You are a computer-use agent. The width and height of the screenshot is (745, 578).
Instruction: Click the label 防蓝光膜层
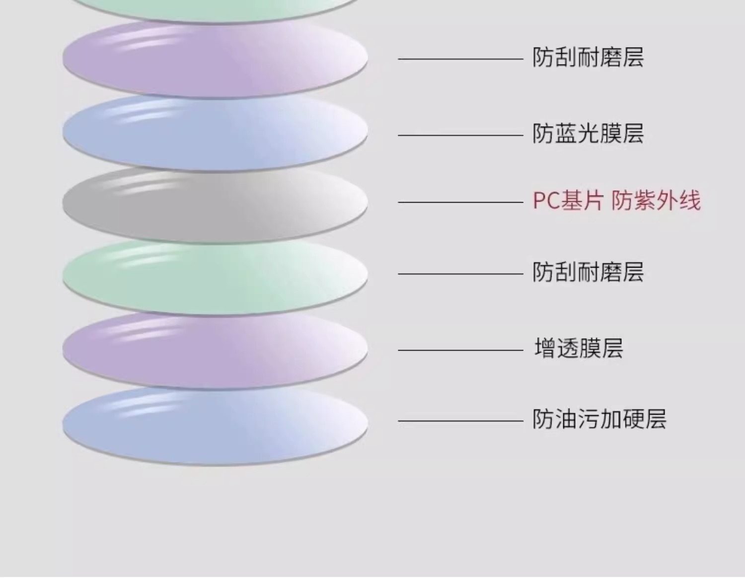tap(588, 134)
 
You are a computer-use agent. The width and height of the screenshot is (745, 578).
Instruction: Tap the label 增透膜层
tap(579, 348)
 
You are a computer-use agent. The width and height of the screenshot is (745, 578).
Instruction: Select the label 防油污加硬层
tap(599, 420)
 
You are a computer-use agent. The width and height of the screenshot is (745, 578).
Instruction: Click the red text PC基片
tap(568, 201)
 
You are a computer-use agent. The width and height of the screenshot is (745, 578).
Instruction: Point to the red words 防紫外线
tap(656, 201)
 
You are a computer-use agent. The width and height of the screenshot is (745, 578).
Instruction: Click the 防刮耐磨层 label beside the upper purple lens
tap(588, 58)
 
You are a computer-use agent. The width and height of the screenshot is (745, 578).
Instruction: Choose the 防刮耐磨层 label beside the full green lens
tap(588, 272)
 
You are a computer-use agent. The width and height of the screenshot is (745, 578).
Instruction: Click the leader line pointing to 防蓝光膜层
tap(460, 135)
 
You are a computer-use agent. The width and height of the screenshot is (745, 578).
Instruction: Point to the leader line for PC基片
tap(460, 203)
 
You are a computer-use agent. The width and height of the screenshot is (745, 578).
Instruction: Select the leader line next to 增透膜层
tap(460, 350)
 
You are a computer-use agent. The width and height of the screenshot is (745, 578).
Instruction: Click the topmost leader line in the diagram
tap(460, 59)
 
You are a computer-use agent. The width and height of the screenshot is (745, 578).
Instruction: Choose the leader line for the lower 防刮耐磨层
tap(460, 274)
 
